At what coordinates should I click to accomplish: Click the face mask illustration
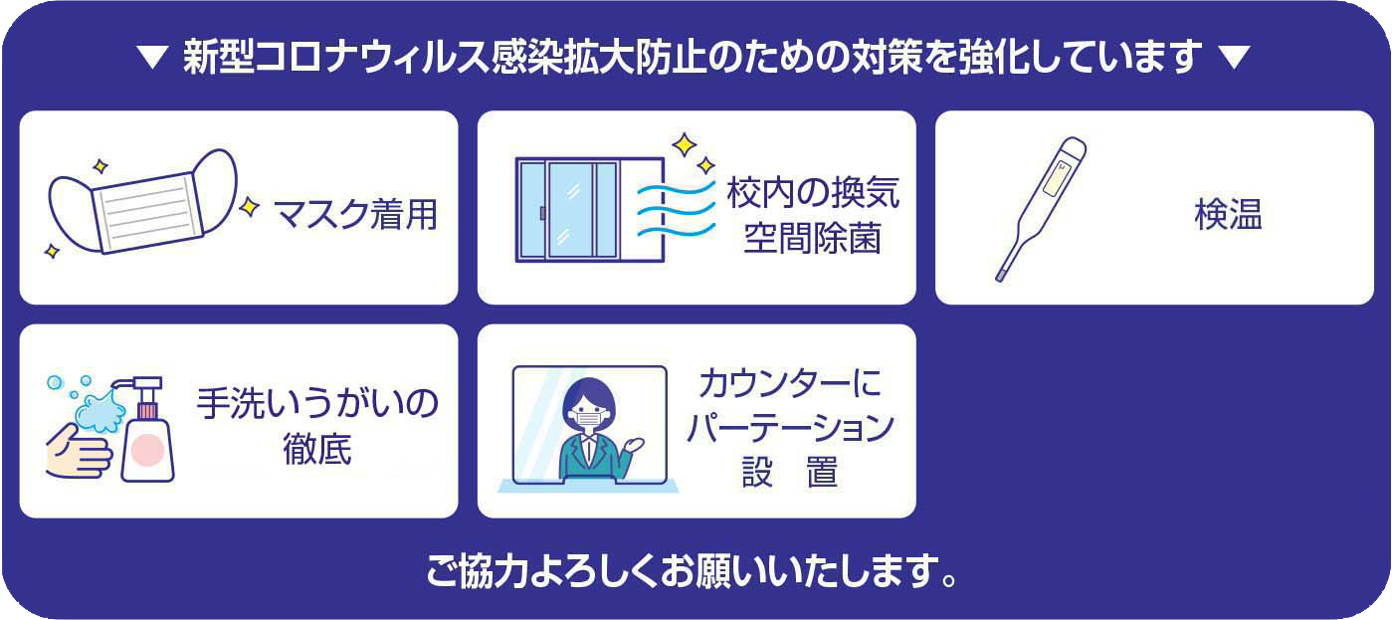(143, 203)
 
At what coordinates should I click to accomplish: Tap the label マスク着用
(355, 215)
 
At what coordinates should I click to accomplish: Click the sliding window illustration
(590, 210)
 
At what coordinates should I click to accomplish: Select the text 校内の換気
(813, 193)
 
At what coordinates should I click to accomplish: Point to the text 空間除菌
(813, 238)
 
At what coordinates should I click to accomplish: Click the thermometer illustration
(1041, 209)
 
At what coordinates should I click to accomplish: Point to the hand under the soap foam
(79, 452)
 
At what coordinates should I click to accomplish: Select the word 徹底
(317, 449)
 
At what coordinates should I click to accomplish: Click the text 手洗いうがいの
(317, 403)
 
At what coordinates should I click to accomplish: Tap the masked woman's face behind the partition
(589, 410)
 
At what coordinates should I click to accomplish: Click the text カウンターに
(790, 383)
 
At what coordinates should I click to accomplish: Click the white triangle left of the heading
(152, 57)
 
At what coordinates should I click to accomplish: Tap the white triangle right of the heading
(1234, 57)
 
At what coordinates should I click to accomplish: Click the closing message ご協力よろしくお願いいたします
(692, 570)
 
